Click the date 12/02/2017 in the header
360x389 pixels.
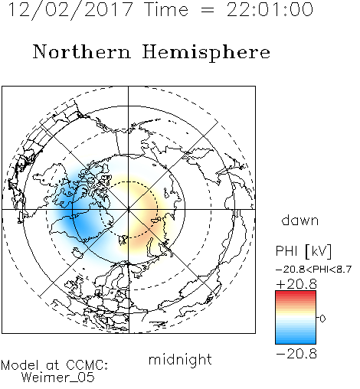pos(70,10)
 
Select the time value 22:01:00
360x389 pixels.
pos(270,10)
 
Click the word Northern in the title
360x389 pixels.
pos(82,51)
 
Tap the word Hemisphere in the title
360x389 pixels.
pos(206,53)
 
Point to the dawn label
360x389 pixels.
pos(300,220)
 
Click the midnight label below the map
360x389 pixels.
pos(180,359)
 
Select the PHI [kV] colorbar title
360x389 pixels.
pos(303,251)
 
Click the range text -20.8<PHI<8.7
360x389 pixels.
pos(314,270)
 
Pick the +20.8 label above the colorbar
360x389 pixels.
pos(296,284)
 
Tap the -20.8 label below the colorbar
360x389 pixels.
pos(296,354)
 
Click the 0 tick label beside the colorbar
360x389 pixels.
pos(322,319)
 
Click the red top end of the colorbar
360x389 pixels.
pos(296,293)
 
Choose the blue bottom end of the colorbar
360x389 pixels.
pos(296,342)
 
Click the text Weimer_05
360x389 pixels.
pos(57,378)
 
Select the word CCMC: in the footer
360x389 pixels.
pos(87,365)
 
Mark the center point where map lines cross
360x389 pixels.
pos(129,210)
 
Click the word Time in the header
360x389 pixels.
pos(166,10)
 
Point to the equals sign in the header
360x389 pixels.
pos(208,10)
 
